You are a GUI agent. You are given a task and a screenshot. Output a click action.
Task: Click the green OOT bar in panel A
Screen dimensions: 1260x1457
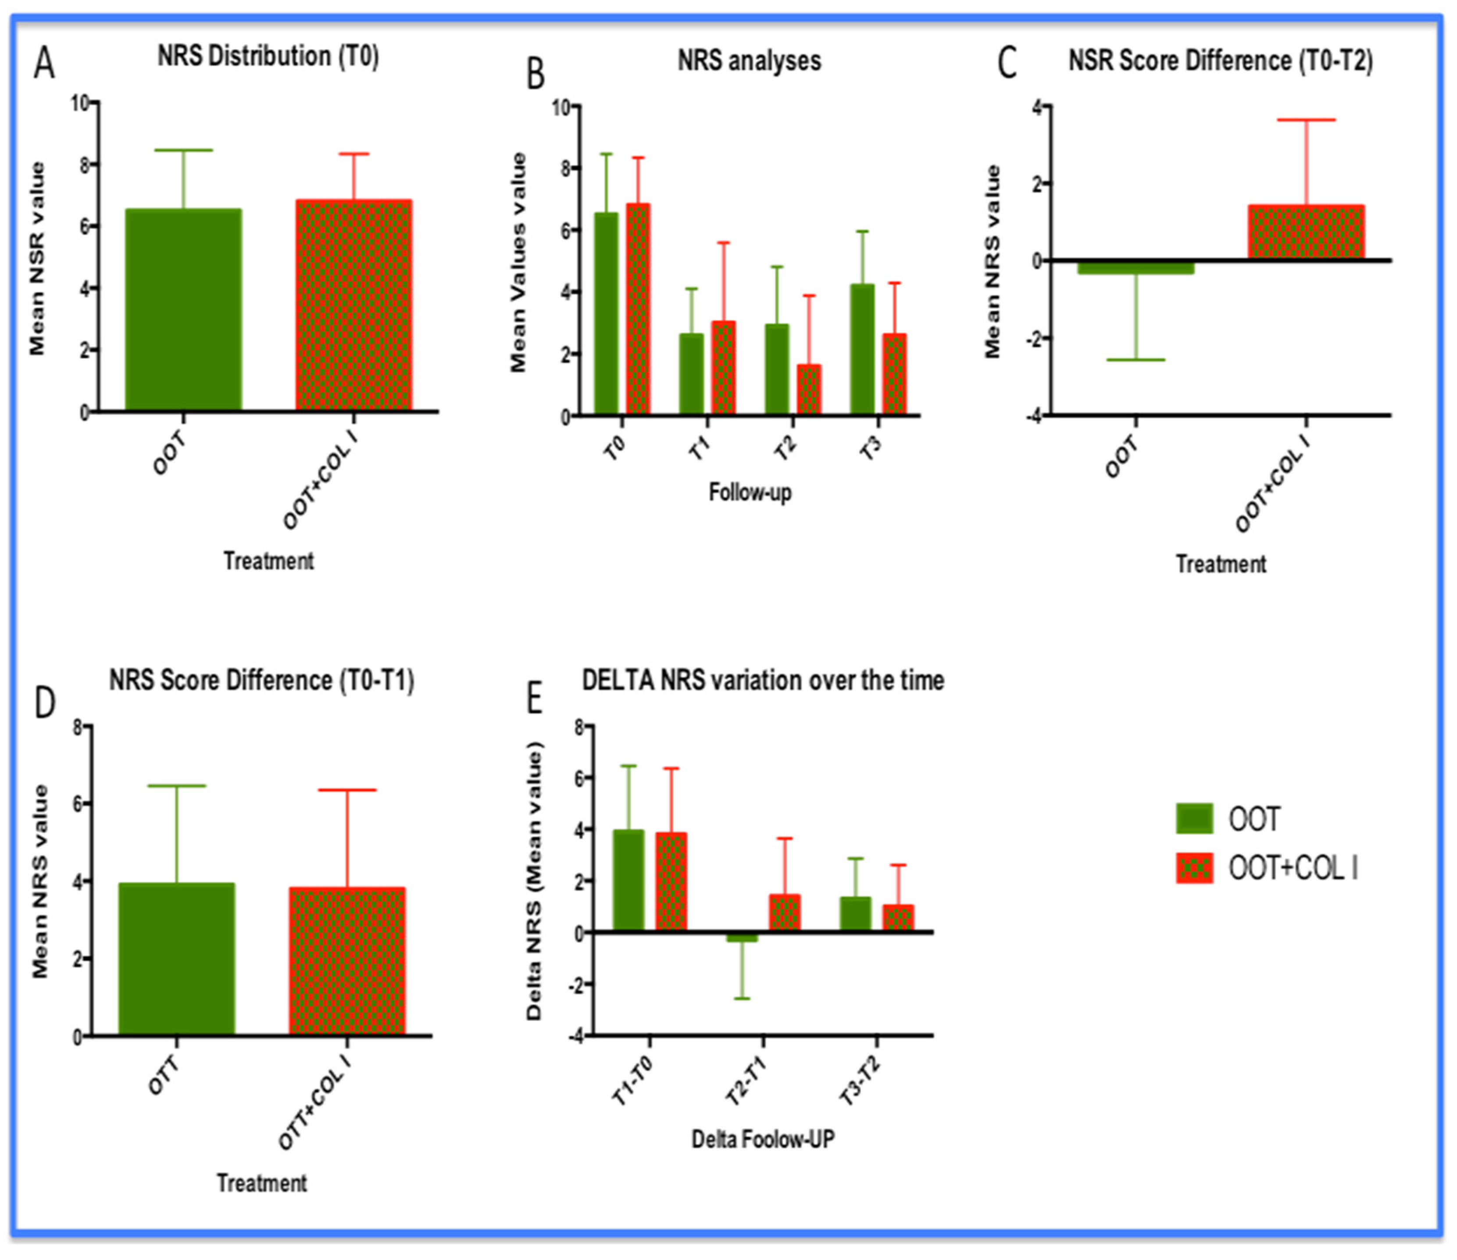click(183, 309)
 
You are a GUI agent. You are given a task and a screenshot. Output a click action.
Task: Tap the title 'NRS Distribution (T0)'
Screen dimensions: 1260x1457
click(268, 56)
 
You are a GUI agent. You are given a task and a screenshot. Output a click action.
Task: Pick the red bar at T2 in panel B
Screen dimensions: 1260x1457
click(809, 389)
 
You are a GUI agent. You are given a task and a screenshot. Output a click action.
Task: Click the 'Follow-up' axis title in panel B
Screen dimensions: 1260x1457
click(750, 492)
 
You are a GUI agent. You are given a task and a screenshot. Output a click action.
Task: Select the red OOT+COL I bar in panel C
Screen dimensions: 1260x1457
click(1306, 232)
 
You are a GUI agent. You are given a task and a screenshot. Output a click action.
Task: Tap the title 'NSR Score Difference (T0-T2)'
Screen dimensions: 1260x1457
click(1221, 61)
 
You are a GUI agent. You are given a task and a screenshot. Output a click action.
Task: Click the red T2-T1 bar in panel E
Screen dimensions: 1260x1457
click(785, 913)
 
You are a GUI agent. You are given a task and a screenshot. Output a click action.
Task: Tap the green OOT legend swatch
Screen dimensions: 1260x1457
click(1194, 818)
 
